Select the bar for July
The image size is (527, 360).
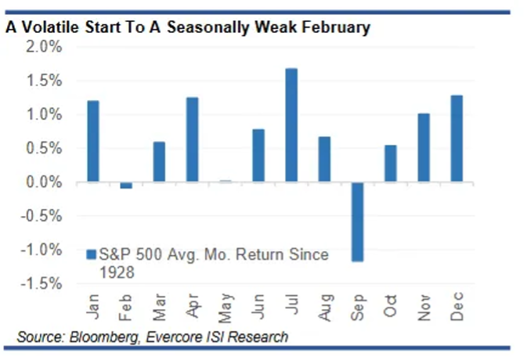point(291,125)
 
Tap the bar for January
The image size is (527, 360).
point(92,142)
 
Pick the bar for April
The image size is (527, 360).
point(192,140)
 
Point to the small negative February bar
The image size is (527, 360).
point(126,185)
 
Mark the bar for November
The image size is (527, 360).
point(424,148)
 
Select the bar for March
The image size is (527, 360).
point(159,162)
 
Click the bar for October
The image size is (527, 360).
point(391,164)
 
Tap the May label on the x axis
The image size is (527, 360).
point(226,308)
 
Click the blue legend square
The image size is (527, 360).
point(91,254)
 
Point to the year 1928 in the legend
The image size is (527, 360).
point(116,272)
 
